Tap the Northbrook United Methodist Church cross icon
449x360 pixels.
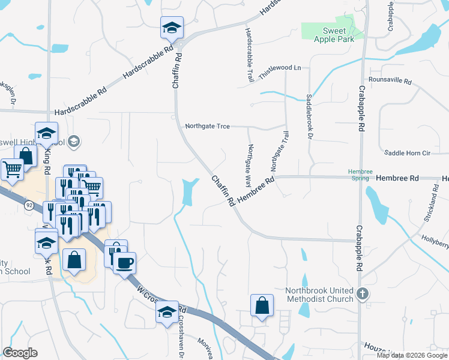[361, 293]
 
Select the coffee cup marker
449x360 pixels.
[124, 262]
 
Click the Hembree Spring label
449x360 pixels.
[360, 175]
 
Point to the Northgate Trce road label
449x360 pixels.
[208, 126]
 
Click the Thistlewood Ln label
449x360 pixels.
[280, 68]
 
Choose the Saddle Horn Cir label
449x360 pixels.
[408, 153]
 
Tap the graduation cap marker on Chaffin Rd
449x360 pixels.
[171, 27]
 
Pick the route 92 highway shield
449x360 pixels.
[29, 205]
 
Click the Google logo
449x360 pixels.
[20, 353]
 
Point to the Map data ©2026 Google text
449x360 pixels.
[412, 355]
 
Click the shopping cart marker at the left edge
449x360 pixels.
[11, 169]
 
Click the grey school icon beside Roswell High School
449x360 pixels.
[74, 142]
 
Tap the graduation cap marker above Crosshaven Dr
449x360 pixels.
[167, 311]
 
